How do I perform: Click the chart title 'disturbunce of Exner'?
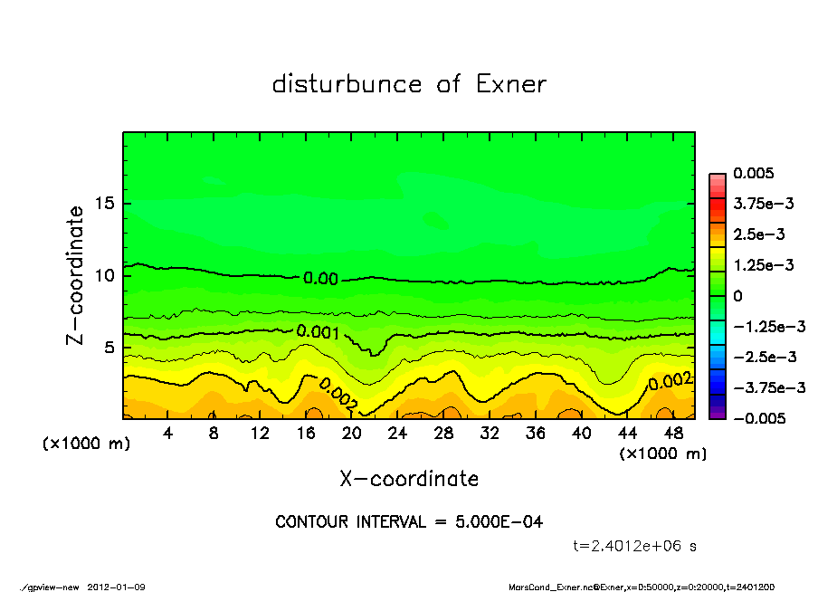[x=409, y=84]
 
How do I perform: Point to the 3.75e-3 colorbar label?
[x=764, y=204]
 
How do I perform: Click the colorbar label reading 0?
[x=737, y=296]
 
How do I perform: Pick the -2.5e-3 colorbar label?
[x=764, y=357]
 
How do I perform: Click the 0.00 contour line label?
[x=320, y=279]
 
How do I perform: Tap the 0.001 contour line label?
[x=317, y=332]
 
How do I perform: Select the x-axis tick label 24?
[x=397, y=434]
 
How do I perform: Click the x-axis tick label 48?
[x=673, y=434]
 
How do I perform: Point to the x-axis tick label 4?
[x=167, y=434]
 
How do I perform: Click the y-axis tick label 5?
[x=109, y=347]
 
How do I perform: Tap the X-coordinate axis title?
[x=409, y=478]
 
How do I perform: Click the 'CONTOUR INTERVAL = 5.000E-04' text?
[x=409, y=522]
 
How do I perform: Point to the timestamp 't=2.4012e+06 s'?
[x=634, y=546]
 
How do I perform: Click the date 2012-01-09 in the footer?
[x=116, y=587]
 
